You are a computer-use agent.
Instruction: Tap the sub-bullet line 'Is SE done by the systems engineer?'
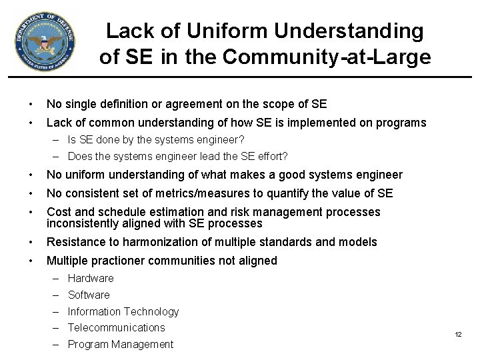click(x=156, y=140)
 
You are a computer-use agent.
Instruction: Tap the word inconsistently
click(x=84, y=223)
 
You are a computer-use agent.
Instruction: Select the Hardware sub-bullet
click(x=91, y=278)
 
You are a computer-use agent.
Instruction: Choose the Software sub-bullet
click(x=89, y=295)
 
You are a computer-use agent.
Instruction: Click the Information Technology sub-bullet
click(x=123, y=311)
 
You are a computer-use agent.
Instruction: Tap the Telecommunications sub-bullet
click(x=116, y=327)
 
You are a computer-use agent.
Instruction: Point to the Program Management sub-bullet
click(x=120, y=344)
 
